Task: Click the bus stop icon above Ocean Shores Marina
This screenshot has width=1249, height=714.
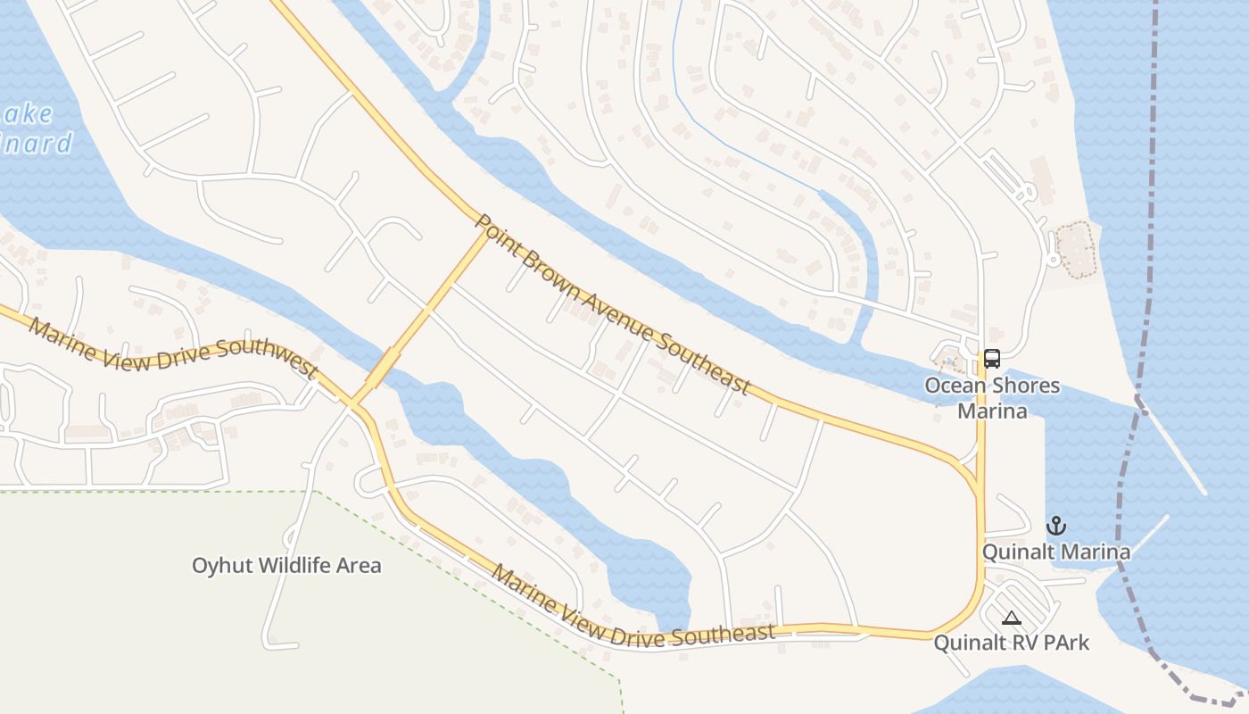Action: (991, 359)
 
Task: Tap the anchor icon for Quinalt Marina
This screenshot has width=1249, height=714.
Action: (1056, 525)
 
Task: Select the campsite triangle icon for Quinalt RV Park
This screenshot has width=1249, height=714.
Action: (1011, 617)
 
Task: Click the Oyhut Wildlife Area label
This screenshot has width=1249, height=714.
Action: (286, 565)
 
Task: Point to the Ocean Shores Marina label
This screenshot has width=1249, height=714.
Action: (992, 398)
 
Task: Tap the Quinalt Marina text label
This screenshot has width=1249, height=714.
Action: (1056, 552)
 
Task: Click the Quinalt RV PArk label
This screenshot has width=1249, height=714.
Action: (1012, 643)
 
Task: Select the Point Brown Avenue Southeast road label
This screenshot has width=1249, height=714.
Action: (612, 303)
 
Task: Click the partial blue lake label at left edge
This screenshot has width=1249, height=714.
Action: (36, 129)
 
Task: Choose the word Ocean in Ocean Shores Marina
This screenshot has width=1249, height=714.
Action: (951, 386)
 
